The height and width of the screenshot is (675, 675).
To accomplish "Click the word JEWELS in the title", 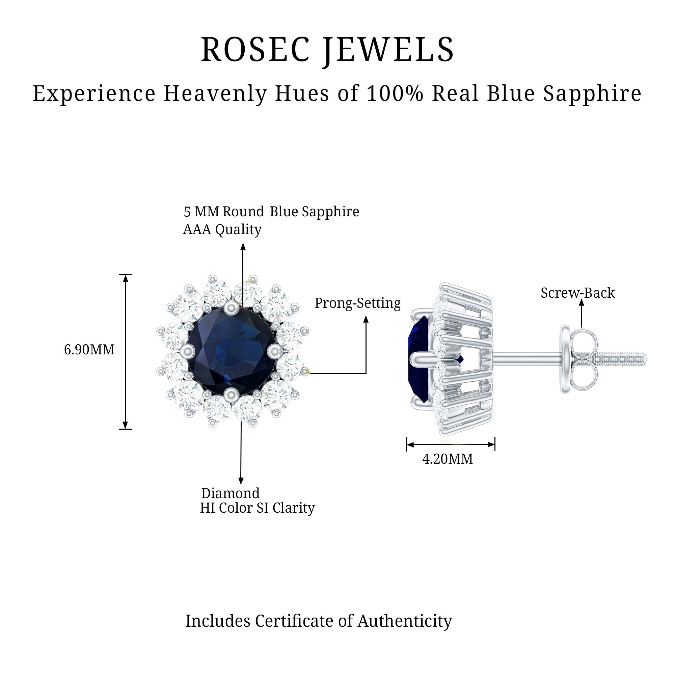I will point(388,50).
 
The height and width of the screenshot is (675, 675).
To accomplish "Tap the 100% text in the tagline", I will point(395,93).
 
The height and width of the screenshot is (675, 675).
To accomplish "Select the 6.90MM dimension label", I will point(89,350).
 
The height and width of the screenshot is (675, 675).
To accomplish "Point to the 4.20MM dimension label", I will point(447,459).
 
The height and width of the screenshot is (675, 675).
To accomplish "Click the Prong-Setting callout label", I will point(357,303).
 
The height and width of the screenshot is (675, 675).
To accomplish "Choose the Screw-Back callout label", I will point(577,293).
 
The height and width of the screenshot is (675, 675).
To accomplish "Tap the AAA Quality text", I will point(222,230).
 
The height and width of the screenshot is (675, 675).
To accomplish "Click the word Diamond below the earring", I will point(230,493).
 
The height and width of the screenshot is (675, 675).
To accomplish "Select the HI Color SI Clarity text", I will point(257,508).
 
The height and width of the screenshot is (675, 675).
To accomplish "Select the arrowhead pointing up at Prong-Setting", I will point(366,319).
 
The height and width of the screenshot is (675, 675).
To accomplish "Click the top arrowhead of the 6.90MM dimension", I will point(126,278).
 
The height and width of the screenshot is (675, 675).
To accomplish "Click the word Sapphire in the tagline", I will point(592,93).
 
